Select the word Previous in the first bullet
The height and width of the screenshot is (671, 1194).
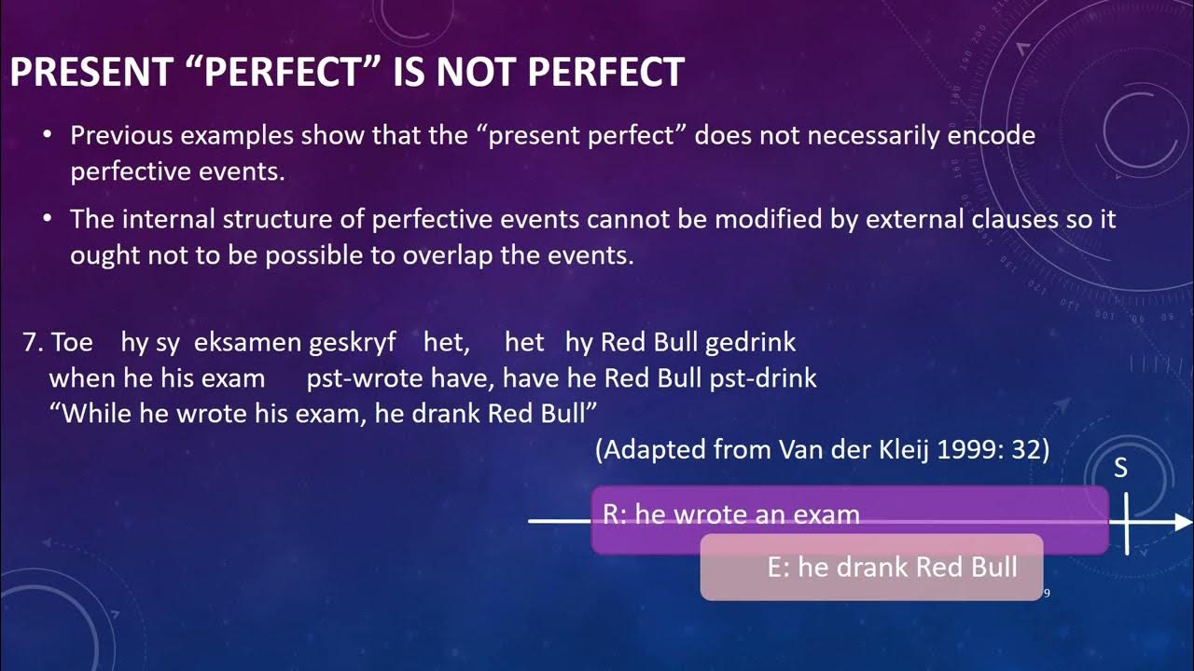click(x=122, y=136)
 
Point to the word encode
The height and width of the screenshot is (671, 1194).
click(x=992, y=136)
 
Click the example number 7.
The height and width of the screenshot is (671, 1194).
click(x=31, y=343)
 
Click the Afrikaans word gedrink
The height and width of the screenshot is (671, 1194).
click(x=750, y=343)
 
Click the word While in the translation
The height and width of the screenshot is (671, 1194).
click(x=98, y=413)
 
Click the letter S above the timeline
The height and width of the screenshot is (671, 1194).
click(x=1121, y=469)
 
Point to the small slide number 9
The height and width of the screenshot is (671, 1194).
click(x=1047, y=593)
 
